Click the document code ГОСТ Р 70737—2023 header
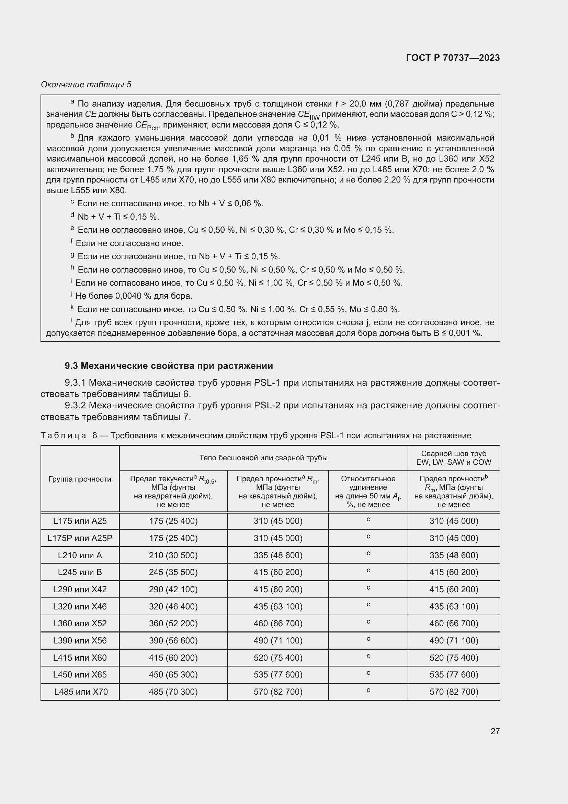click(453, 58)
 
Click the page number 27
click(495, 731)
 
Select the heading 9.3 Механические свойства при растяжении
click(169, 366)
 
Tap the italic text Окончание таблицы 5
click(86, 85)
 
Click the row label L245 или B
click(80, 572)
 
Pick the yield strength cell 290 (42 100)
click(173, 590)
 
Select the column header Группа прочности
click(80, 479)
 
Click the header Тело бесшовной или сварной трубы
click(263, 458)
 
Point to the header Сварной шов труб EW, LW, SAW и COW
click(454, 458)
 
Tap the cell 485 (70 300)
click(173, 692)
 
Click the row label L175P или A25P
click(80, 538)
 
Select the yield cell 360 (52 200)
click(173, 623)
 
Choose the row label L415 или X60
click(80, 658)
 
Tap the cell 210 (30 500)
click(173, 555)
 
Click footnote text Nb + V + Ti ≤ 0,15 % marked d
click(118, 217)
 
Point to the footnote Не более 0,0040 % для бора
click(134, 296)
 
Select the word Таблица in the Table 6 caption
click(63, 436)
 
